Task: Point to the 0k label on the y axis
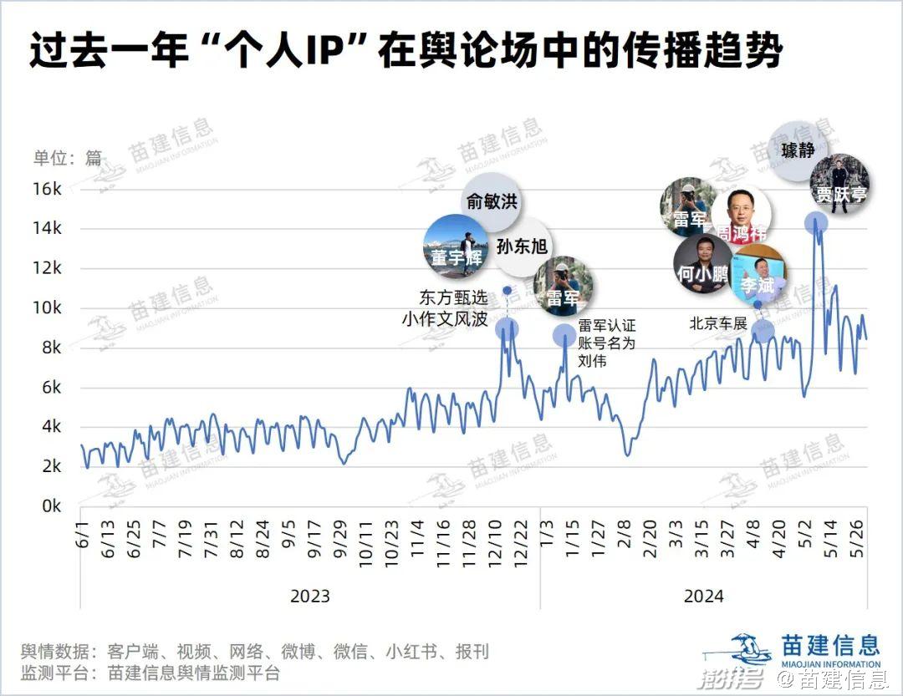coord(53,506)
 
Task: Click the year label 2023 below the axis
coord(309,597)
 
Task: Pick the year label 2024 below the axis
coord(703,597)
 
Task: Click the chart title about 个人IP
coord(406,52)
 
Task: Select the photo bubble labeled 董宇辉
coord(457,246)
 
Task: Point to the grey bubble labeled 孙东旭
coord(522,246)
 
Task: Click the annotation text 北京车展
coord(718,323)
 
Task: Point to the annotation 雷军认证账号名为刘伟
coord(607,343)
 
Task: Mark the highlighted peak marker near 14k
coord(816,222)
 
